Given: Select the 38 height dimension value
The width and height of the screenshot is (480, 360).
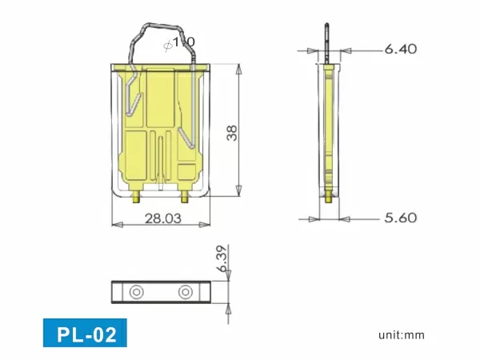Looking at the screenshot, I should click(231, 132).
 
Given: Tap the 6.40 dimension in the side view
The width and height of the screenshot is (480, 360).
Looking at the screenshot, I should click(400, 50).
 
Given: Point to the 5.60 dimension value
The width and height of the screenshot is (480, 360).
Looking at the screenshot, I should click(400, 218).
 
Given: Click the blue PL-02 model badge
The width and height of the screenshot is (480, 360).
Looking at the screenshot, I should click(85, 333).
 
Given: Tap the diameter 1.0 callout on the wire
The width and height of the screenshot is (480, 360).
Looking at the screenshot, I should click(179, 42).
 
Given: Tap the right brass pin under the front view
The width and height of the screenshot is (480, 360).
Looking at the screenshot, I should click(186, 194).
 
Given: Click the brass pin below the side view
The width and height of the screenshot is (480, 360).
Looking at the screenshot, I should click(328, 195).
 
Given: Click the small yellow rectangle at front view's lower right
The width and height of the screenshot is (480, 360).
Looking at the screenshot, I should click(186, 170).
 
